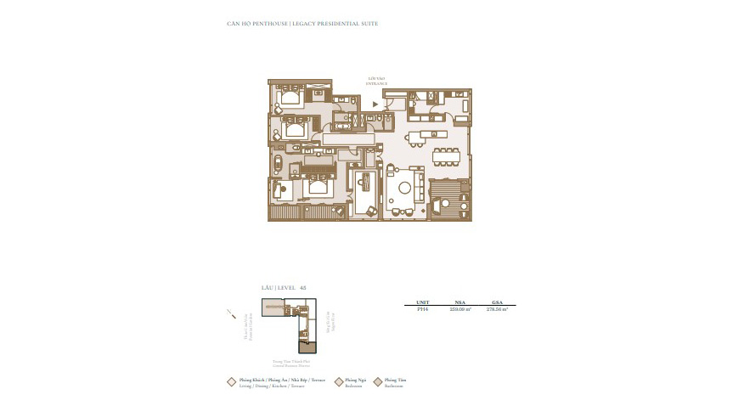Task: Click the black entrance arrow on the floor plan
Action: pyautogui.click(x=375, y=105)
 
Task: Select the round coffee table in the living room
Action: pyautogui.click(x=405, y=187)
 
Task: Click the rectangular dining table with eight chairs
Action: pyautogui.click(x=447, y=155)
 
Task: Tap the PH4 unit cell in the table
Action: pyautogui.click(x=422, y=309)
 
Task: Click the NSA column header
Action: pyautogui.click(x=459, y=302)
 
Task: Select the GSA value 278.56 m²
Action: pyautogui.click(x=497, y=309)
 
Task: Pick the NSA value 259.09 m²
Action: pyautogui.click(x=459, y=309)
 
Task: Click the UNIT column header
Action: pyautogui.click(x=422, y=302)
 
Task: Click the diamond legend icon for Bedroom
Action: pyautogui.click(x=339, y=382)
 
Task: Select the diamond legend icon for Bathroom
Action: pyautogui.click(x=377, y=382)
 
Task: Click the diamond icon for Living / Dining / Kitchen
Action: pyautogui.click(x=231, y=382)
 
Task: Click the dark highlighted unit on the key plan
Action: pyautogui.click(x=307, y=346)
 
